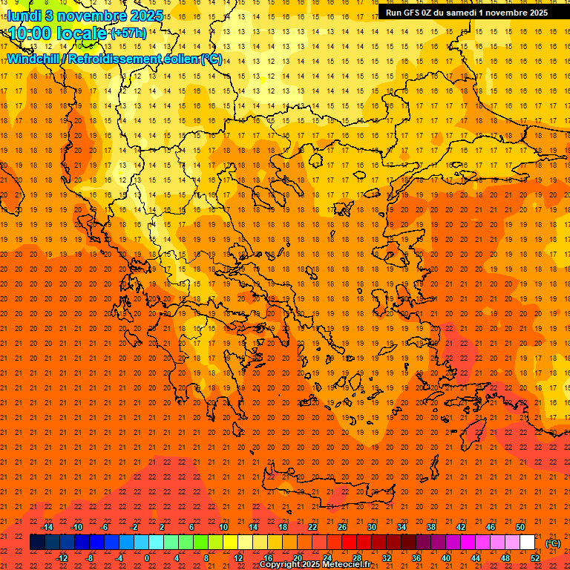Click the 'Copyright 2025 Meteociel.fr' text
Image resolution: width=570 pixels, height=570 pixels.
315,565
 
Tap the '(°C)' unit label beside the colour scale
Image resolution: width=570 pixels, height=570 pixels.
553,543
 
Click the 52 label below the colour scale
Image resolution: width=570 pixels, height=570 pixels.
534,558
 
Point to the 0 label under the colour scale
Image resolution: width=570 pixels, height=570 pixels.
147,558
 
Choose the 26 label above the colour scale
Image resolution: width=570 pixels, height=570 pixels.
342,527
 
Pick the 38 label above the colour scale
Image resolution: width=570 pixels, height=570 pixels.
431,527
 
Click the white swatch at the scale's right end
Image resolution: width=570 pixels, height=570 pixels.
527,543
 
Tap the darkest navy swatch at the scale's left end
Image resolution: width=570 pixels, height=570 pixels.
37,543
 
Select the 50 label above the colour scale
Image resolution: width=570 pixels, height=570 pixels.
520,527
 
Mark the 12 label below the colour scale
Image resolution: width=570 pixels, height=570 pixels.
238,558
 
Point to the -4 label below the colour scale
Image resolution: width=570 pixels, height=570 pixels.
119,558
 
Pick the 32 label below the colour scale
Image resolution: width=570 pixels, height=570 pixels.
386,558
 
